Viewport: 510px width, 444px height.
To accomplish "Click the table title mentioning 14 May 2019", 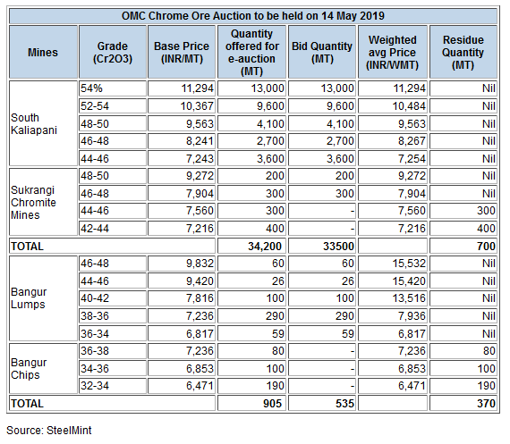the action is (252, 16).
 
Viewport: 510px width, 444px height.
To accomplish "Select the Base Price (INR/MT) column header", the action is (182, 53).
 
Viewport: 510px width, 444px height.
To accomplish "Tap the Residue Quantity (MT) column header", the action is (463, 53).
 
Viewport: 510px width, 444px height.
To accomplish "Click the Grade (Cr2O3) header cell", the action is (113, 53).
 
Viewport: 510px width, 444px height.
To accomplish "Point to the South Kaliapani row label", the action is (34, 124).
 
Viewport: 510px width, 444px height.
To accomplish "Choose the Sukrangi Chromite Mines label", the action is (33, 203).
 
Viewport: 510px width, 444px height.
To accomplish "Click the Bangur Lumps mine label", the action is (29, 298).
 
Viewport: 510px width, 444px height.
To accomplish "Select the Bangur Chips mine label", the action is (29, 369).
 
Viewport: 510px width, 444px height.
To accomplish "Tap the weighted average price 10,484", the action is (409, 106).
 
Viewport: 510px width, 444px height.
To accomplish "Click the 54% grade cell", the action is (91, 88).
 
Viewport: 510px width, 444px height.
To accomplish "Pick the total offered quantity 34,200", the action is (265, 247).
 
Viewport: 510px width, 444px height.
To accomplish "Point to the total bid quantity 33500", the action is (338, 247).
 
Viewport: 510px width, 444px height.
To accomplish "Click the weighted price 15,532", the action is (409, 263).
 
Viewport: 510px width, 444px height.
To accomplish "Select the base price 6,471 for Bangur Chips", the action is (200, 386).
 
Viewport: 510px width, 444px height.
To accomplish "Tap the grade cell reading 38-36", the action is (95, 315).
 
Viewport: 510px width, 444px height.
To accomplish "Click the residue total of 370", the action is (486, 404).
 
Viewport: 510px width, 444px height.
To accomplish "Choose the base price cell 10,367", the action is (197, 106).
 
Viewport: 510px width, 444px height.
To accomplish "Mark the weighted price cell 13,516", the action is (409, 298).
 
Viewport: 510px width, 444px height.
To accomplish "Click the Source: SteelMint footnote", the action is (49, 431).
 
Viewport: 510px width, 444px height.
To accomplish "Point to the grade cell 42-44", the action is (95, 229).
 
